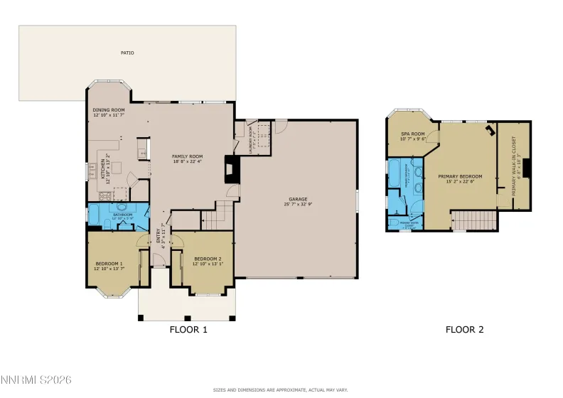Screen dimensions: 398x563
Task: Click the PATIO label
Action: coord(127,53)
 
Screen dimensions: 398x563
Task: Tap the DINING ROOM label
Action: coord(109,110)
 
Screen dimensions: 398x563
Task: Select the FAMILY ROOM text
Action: coord(188,156)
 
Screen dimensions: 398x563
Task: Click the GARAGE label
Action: coord(297,200)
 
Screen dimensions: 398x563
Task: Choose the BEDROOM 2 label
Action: coord(208,258)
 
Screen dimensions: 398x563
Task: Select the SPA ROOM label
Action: coord(412,134)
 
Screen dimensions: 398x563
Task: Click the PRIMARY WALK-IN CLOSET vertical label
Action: coord(510,171)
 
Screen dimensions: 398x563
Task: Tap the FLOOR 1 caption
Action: coord(188,329)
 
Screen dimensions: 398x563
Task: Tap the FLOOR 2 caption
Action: coord(464,329)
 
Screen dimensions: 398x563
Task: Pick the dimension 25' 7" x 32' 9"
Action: coord(297,205)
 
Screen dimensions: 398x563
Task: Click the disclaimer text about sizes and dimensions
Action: coord(281,389)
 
